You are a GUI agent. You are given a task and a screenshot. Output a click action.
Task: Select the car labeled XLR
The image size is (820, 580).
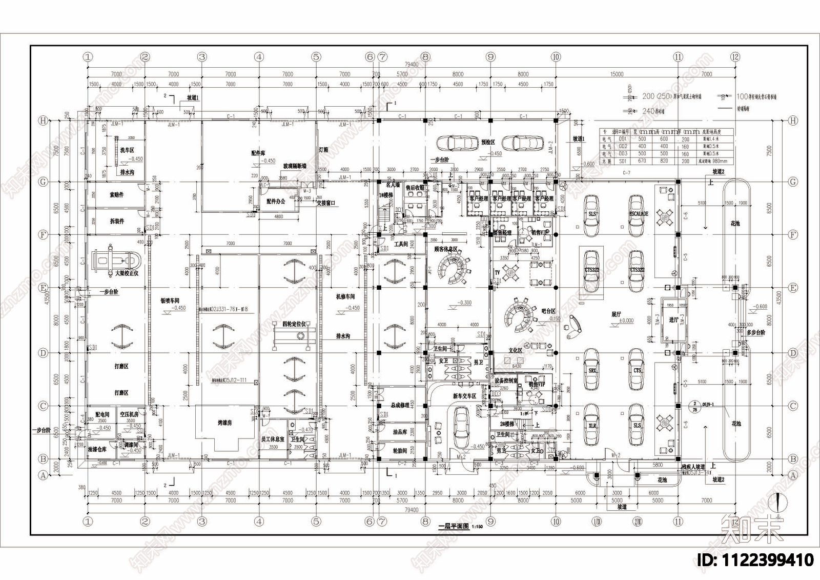click(592, 425)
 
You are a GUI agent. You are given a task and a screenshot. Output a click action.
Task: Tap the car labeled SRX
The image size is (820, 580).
click(592, 370)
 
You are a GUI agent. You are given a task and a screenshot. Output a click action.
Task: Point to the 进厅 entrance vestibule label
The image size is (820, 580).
click(673, 319)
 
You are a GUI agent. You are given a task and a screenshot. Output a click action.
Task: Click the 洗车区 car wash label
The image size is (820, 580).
click(127, 150)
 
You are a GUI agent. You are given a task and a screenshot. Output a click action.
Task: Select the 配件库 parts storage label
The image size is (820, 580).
click(258, 153)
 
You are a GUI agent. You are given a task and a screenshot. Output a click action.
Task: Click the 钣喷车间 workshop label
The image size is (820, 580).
click(170, 301)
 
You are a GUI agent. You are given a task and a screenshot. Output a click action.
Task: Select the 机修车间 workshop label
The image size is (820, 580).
click(345, 297)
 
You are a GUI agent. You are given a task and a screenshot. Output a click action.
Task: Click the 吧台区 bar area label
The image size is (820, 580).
click(548, 311)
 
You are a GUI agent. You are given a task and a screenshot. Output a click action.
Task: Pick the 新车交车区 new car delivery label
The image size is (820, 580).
click(464, 396)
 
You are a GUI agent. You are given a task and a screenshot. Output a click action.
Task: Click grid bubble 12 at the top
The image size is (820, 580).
click(735, 57)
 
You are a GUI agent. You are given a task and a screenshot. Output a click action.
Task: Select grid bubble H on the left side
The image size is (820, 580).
click(44, 121)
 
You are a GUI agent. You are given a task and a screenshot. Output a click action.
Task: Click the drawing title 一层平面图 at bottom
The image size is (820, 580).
click(454, 526)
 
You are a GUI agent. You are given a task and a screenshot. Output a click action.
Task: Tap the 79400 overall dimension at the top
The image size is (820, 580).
click(411, 65)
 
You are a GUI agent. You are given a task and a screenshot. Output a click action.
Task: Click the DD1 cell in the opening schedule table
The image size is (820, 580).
click(623, 139)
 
